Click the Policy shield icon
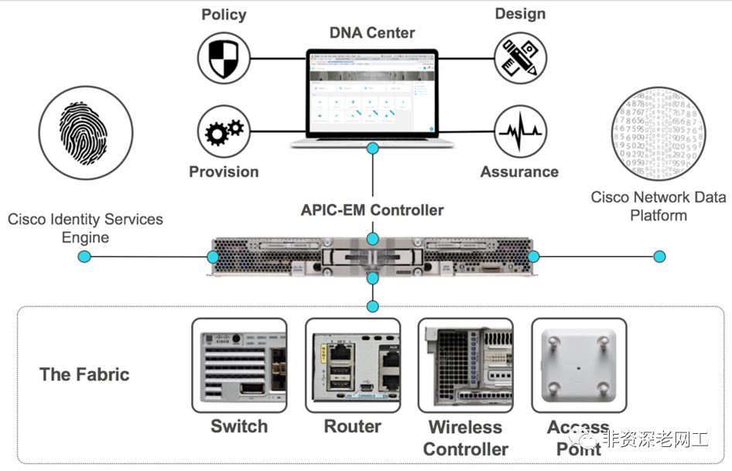tap(224, 57)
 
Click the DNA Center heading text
tap(373, 33)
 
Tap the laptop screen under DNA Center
tap(372, 94)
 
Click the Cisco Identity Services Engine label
tap(85, 227)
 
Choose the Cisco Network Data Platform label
tap(658, 206)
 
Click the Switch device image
tap(239, 365)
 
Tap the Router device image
tap(353, 365)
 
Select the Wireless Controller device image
tap(465, 365)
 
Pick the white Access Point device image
tap(578, 365)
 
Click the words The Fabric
tap(84, 375)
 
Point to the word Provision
tap(224, 172)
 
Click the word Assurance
tap(519, 172)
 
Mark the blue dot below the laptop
tap(373, 148)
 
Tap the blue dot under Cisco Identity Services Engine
tap(85, 257)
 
